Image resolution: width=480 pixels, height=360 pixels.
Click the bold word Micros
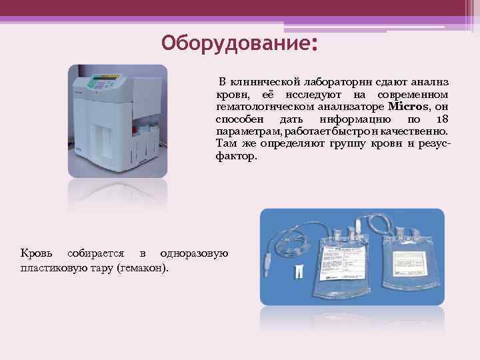[x=407, y=107]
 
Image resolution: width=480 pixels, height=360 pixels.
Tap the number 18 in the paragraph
[x=441, y=119]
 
